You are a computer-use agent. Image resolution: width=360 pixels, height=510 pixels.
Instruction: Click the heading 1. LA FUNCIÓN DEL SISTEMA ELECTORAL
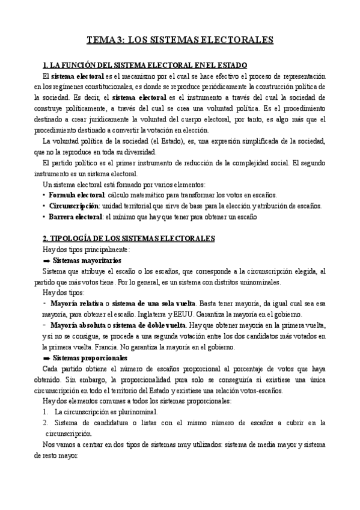[x=145, y=65]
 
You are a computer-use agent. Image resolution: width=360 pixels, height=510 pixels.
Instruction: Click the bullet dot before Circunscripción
[x=44, y=206]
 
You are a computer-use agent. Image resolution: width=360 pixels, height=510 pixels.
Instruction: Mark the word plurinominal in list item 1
[x=139, y=412]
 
